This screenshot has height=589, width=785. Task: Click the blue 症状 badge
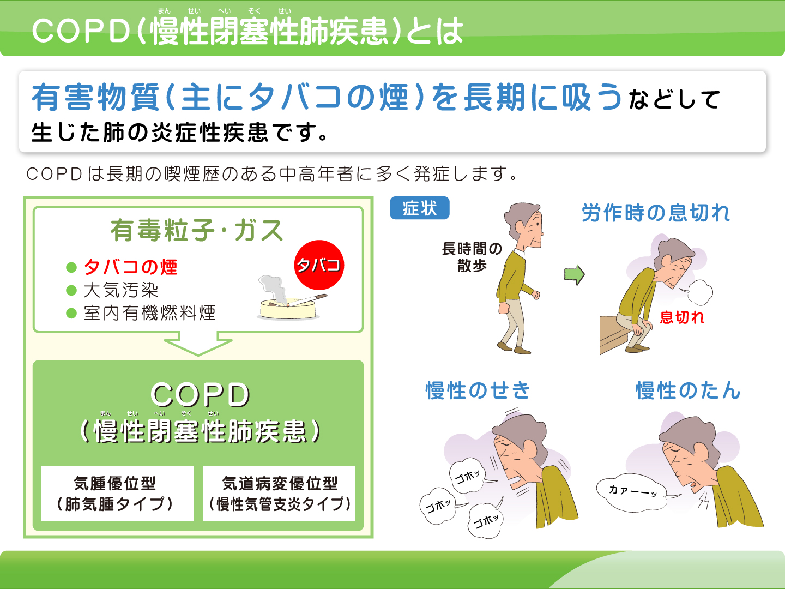coord(420,208)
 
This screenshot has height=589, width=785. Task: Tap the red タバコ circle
coord(319,265)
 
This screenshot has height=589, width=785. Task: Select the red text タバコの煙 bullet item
coord(130,267)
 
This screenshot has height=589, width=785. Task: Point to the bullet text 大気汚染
coord(121,290)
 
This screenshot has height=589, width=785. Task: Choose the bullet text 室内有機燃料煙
coord(150,313)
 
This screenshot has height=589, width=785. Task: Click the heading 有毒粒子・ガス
coord(197,230)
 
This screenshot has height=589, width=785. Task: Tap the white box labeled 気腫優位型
coord(117,494)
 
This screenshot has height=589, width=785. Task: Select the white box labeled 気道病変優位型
coord(279,494)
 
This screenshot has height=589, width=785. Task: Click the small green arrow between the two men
coord(575,275)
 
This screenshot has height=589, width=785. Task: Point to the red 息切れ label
coord(682,317)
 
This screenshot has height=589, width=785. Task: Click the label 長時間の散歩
coord(472,257)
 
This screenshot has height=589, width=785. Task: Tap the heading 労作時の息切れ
coord(656,213)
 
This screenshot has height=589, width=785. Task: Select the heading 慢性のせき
coord(478,390)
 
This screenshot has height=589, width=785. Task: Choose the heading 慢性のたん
coord(688,390)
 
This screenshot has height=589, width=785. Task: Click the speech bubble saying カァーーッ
coord(632,493)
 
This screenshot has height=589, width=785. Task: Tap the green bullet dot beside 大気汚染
coord(71,290)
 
